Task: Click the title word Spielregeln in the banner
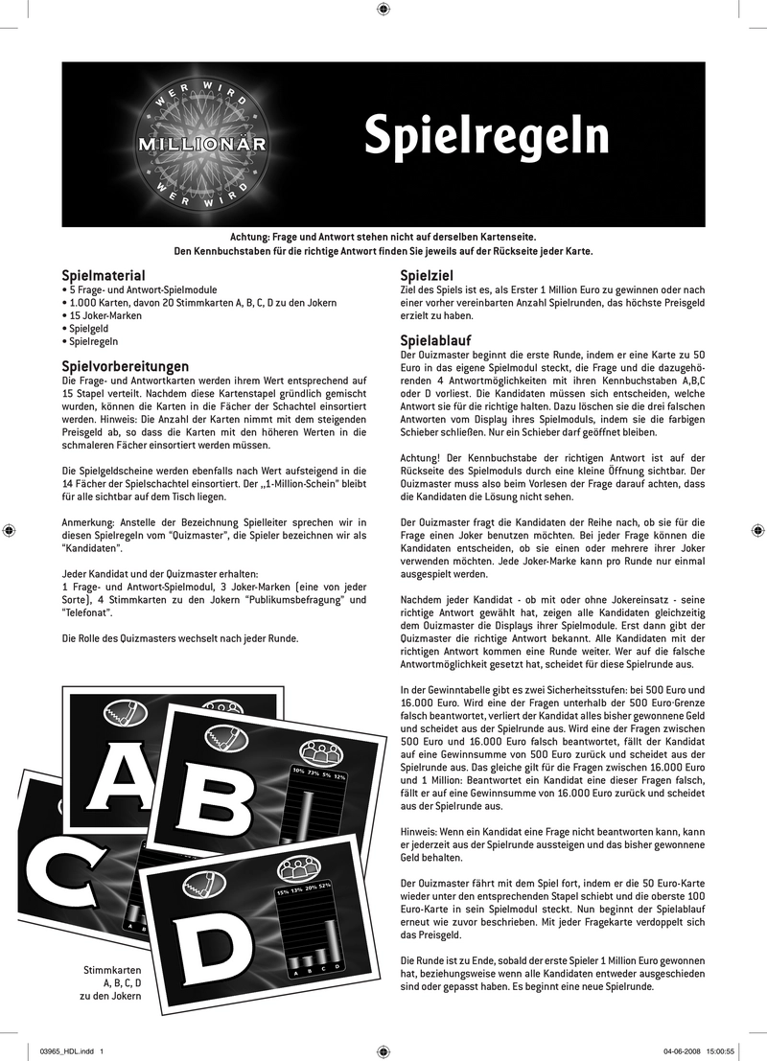(x=486, y=138)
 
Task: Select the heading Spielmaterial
(x=104, y=275)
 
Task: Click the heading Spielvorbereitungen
(x=125, y=366)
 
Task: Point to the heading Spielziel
(x=426, y=275)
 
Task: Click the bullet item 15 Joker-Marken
(x=101, y=315)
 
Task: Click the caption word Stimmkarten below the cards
(x=113, y=970)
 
